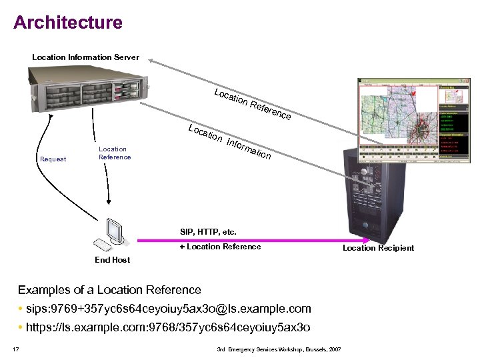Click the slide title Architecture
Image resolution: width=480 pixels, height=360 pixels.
click(x=68, y=22)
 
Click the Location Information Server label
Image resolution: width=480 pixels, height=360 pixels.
click(x=85, y=57)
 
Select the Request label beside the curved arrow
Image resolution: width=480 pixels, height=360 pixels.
click(x=53, y=159)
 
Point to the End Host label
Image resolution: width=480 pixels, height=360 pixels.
click(x=112, y=259)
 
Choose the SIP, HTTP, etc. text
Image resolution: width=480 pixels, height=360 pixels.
click(x=208, y=232)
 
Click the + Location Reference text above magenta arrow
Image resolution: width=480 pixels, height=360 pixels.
click(x=220, y=247)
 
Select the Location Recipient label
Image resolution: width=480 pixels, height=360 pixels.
click(x=378, y=248)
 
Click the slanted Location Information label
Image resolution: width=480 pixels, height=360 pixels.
click(x=229, y=141)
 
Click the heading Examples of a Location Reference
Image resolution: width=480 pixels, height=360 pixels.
click(x=109, y=290)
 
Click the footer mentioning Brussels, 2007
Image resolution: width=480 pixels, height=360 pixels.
click(x=279, y=349)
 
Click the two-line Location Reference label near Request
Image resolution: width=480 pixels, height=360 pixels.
click(x=115, y=153)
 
